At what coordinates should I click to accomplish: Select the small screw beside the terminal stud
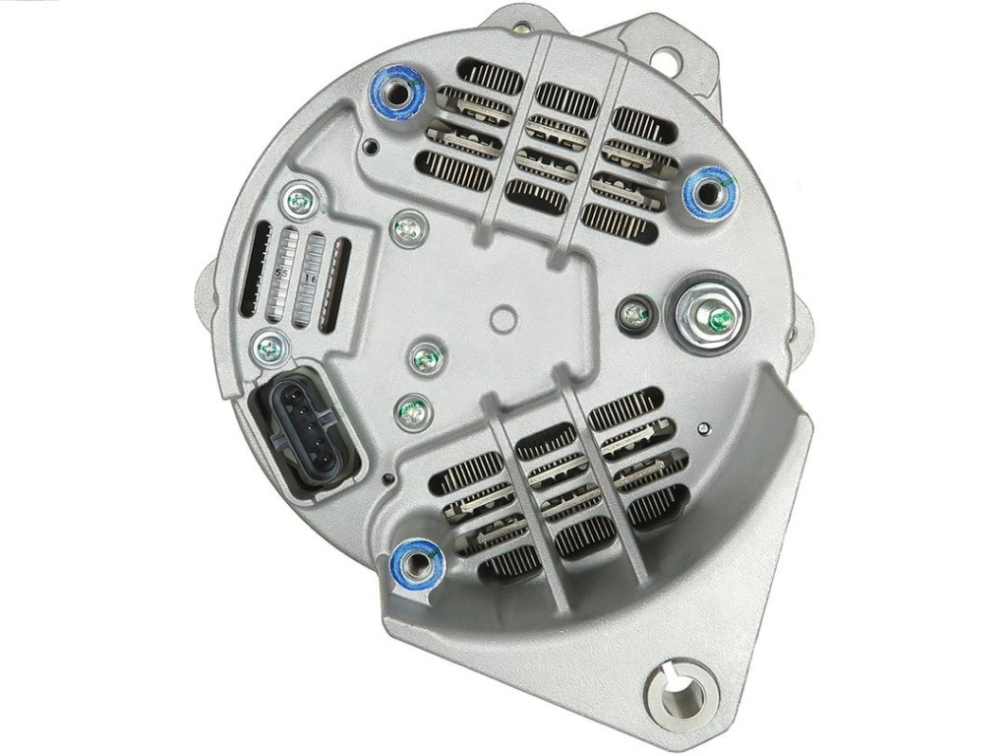point(635,314)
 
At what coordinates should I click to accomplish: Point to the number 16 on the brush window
point(312,278)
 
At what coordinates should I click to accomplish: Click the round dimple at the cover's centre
point(503,319)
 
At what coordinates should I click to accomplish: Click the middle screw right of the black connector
point(425,359)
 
